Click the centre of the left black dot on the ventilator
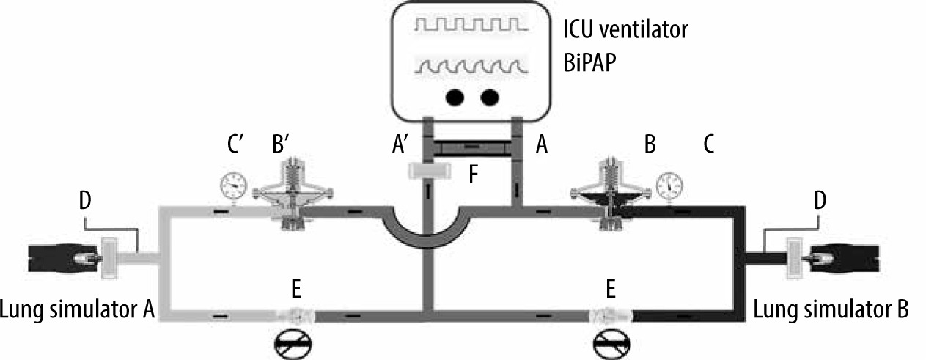[x=455, y=98]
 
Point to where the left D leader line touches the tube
[x=138, y=252]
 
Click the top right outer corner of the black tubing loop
[x=744, y=206]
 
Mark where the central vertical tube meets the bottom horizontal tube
[x=428, y=315]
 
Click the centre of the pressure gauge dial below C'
[x=234, y=185]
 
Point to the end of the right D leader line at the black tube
[x=765, y=252]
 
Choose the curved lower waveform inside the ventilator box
[x=471, y=67]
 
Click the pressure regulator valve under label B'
[x=293, y=194]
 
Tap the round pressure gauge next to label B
[x=669, y=185]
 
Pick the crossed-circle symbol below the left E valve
[x=293, y=343]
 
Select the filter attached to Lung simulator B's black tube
[x=794, y=258]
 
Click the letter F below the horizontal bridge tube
[x=474, y=174]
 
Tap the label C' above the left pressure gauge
[x=235, y=144]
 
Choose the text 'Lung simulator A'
[x=77, y=309]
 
